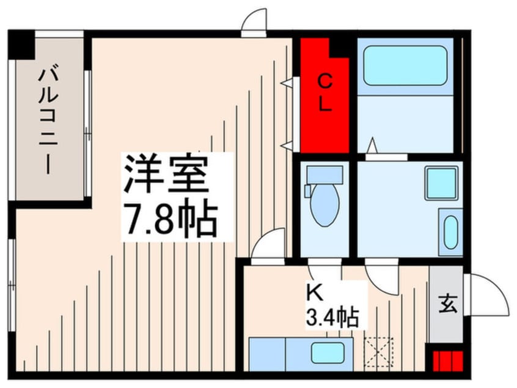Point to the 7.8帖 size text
[171, 220]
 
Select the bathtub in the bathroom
[405, 65]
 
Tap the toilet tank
[324, 175]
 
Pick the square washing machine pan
[441, 182]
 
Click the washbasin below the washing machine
[451, 231]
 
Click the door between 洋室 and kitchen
[269, 246]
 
